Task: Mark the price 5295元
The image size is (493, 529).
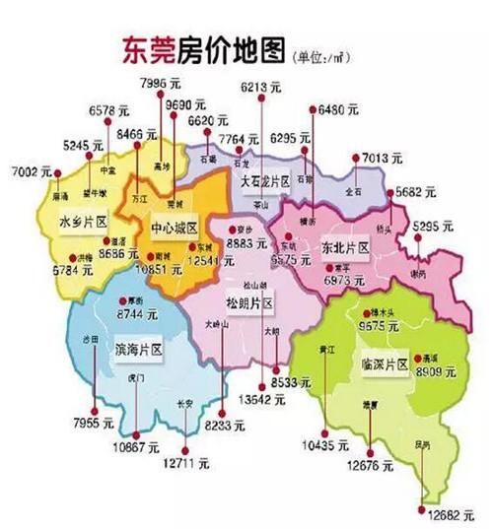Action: click(x=434, y=228)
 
